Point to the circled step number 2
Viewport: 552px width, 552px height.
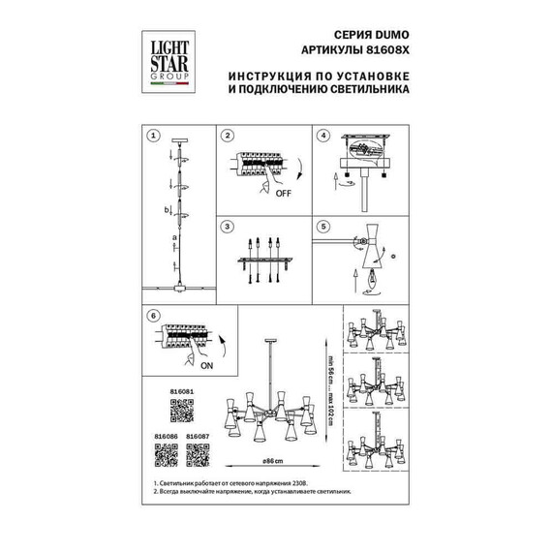pyautogui.click(x=229, y=137)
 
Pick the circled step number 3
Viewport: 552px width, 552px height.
pyautogui.click(x=229, y=227)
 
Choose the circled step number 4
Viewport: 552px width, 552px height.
pyautogui.click(x=324, y=137)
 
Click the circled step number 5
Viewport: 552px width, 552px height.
pyautogui.click(x=324, y=227)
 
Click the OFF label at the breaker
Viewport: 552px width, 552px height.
pyautogui.click(x=283, y=193)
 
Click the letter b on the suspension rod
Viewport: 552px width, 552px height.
pyautogui.click(x=166, y=209)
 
